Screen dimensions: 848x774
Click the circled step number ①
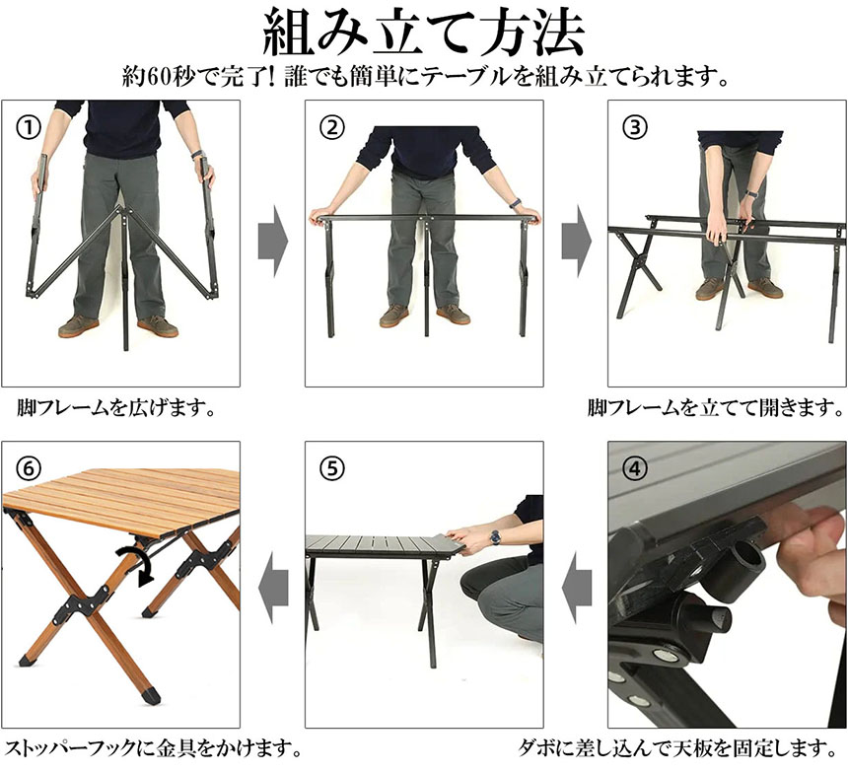pyautogui.click(x=29, y=127)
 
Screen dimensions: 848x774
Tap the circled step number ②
pyautogui.click(x=331, y=127)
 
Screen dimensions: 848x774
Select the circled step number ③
pyautogui.click(x=634, y=127)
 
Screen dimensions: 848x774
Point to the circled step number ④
pyautogui.click(x=634, y=468)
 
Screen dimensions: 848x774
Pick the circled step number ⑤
pyautogui.click(x=331, y=468)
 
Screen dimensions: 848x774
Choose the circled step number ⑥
pyautogui.click(x=29, y=468)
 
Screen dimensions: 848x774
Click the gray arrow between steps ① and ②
pyautogui.click(x=273, y=241)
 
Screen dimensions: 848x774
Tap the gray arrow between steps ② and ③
pyautogui.click(x=577, y=241)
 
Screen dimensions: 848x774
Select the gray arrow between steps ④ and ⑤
pyautogui.click(x=577, y=588)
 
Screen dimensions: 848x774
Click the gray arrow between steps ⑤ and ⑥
pyautogui.click(x=273, y=588)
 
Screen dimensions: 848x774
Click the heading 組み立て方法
pyautogui.click(x=423, y=33)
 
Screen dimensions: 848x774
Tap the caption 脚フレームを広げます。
pyautogui.click(x=115, y=408)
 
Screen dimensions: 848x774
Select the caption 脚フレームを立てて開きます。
pyautogui.click(x=716, y=408)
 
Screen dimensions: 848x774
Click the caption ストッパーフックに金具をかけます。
pyautogui.click(x=153, y=748)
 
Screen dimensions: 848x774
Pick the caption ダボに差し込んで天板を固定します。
pyautogui.click(x=678, y=748)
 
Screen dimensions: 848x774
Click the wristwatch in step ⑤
pyautogui.click(x=495, y=537)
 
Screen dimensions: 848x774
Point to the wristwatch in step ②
pyautogui.click(x=516, y=203)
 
